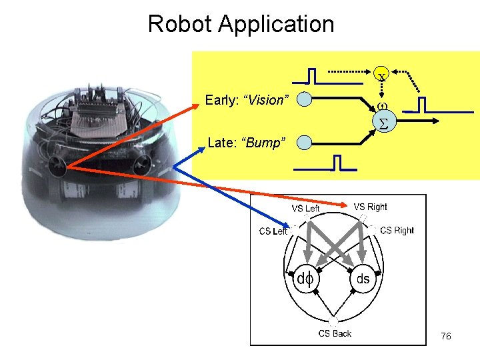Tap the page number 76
(446, 336)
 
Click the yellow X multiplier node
(381, 76)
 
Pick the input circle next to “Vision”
(304, 100)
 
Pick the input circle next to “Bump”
(304, 142)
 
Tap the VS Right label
(370, 207)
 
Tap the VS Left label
(305, 209)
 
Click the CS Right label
(397, 231)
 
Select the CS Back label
(335, 333)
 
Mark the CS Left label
(273, 231)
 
